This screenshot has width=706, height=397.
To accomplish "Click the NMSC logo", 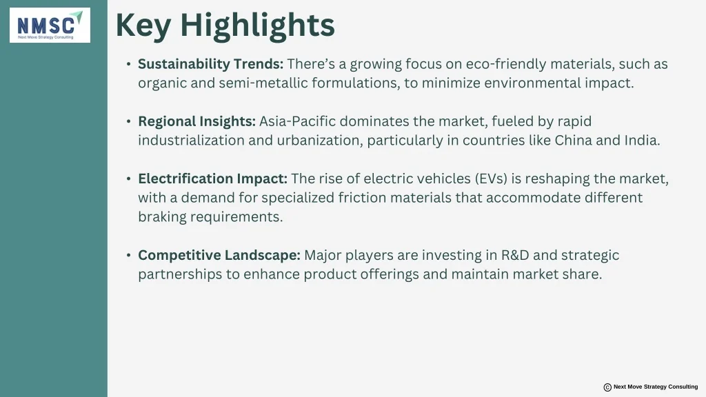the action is pyautogui.click(x=50, y=26).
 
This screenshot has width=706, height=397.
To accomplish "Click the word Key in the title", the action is pyautogui.click(x=143, y=26).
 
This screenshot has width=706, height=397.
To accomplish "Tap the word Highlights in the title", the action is pyautogui.click(x=258, y=26).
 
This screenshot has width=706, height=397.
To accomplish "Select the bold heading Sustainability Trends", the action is pyautogui.click(x=211, y=64).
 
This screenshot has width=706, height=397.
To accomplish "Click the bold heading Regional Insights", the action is pyautogui.click(x=196, y=121).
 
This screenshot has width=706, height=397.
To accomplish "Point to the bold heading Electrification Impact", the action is pyautogui.click(x=212, y=179).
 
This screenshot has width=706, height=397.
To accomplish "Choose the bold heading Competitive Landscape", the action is pyautogui.click(x=219, y=255).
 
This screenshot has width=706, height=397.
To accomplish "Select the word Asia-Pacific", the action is pyautogui.click(x=298, y=121).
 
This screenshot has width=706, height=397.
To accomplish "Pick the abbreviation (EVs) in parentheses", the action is pyautogui.click(x=491, y=179).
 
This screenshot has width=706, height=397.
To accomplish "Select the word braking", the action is pyautogui.click(x=162, y=217).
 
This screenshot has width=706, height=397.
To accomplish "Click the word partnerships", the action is pyautogui.click(x=180, y=274).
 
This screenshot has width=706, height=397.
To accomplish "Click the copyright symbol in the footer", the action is pyautogui.click(x=607, y=387).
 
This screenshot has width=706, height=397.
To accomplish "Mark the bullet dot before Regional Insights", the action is pyautogui.click(x=129, y=121).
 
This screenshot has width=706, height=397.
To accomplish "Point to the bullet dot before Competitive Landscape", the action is pyautogui.click(x=129, y=255).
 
